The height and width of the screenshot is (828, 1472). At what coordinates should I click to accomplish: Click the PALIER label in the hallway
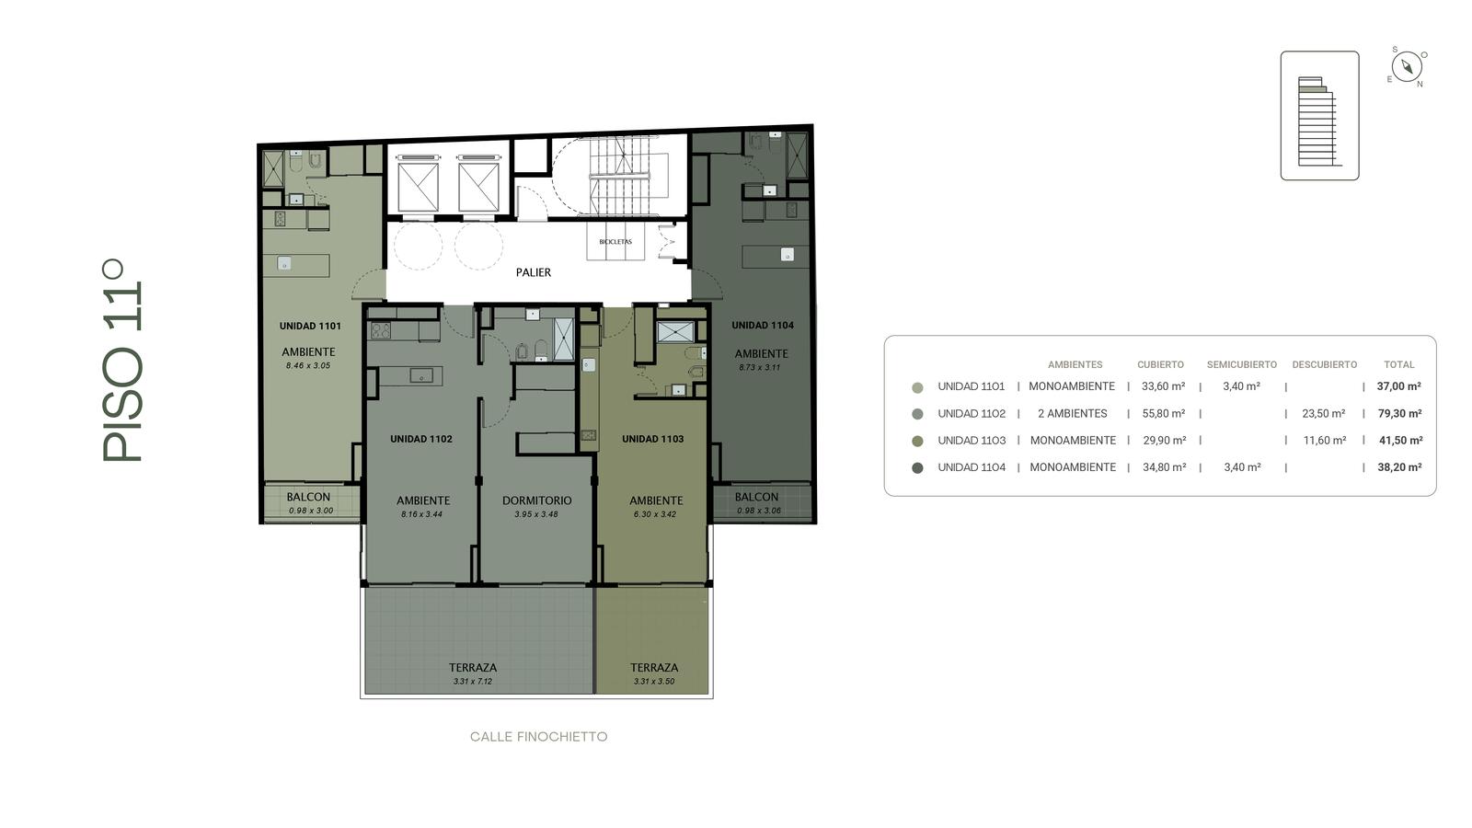(533, 272)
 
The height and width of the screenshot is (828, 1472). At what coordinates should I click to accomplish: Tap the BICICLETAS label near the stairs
(615, 242)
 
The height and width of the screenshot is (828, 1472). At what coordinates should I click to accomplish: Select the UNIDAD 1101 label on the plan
(310, 326)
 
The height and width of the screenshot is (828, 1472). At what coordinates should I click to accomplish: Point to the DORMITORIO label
(537, 500)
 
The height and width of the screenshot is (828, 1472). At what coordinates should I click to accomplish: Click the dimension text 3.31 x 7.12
(473, 682)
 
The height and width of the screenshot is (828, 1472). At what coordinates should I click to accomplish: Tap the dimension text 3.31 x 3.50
(654, 682)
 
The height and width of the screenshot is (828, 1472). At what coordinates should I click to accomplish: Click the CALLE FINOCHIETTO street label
(539, 737)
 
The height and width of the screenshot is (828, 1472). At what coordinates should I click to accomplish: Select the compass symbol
(1407, 67)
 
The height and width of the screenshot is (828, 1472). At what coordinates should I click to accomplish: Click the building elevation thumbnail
(1319, 116)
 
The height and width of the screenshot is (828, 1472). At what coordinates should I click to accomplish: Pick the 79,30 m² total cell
(1399, 413)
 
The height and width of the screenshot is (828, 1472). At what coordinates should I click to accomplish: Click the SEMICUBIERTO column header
(1242, 364)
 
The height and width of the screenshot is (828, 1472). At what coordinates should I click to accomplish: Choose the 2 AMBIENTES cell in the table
(1073, 413)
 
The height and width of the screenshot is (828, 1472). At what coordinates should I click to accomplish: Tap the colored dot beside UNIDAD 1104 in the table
(917, 468)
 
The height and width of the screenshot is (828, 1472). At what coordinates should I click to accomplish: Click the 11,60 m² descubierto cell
(1325, 441)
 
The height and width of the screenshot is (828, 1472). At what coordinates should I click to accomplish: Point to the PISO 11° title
(122, 361)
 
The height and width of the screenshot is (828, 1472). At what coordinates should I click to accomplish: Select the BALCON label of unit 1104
(756, 498)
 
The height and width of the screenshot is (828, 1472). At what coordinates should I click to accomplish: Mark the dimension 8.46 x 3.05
(308, 366)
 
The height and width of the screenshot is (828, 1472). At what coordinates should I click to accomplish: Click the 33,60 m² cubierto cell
(1163, 386)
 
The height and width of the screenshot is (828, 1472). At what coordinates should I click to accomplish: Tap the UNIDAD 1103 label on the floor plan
(653, 439)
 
